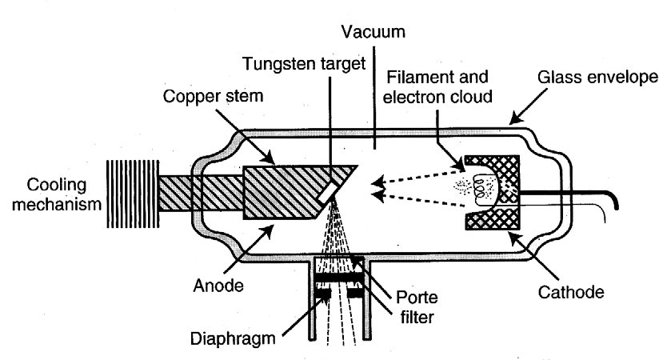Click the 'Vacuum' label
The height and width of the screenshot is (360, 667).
[373, 34]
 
